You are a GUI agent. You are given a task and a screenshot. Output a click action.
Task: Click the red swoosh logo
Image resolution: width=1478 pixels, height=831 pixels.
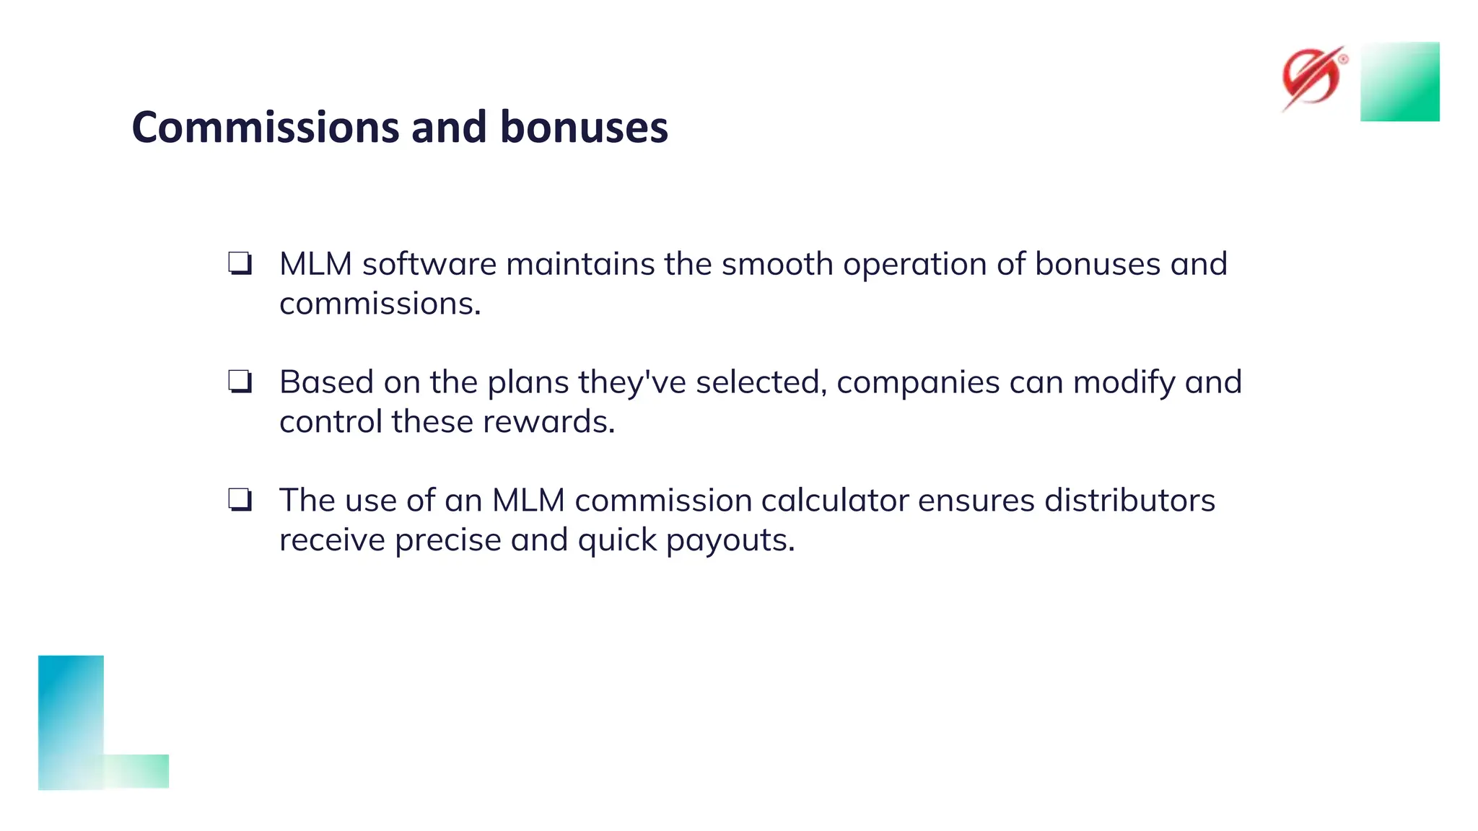tap(1312, 78)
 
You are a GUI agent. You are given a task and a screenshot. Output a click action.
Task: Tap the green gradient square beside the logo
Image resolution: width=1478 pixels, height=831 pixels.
tap(1399, 82)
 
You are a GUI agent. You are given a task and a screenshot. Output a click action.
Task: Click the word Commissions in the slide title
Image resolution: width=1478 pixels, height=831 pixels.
tap(266, 127)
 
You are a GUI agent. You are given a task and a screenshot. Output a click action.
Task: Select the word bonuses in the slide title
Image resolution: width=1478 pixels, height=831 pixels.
tap(584, 127)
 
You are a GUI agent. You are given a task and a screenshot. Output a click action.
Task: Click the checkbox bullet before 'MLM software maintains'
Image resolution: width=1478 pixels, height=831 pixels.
tap(240, 263)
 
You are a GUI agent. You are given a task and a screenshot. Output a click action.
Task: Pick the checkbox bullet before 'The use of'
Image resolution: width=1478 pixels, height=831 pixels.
tap(240, 499)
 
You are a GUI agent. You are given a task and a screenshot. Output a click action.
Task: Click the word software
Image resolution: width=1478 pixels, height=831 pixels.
tap(429, 264)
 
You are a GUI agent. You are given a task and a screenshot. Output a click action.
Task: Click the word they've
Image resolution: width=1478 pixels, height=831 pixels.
tap(632, 382)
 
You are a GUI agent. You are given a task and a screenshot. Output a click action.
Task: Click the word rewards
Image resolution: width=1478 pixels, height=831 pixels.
tap(548, 422)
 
